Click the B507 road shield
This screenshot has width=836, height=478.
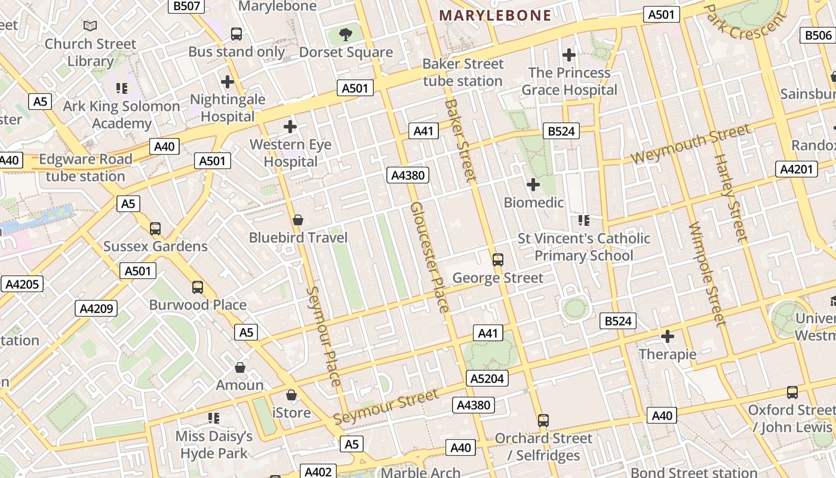pos(186,6)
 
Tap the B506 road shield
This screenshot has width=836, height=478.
pos(817,35)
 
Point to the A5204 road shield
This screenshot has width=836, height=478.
pos(487,378)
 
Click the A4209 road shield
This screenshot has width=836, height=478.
pos(96,308)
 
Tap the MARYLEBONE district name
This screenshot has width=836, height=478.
pos(495,16)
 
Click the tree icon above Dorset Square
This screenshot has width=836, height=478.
pos(345,35)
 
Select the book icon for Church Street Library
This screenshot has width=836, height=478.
pos(90,26)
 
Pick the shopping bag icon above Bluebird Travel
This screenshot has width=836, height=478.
pos(298,220)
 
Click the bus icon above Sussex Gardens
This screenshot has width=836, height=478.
pos(155,228)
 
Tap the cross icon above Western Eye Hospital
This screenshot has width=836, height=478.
pos(290,127)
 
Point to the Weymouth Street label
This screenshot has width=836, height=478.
pos(690,145)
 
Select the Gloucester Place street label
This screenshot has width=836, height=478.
pos(429,257)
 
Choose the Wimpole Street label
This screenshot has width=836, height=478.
pos(707,274)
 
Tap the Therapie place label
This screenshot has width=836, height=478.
pos(667,354)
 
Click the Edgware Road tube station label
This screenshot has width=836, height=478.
pos(85,168)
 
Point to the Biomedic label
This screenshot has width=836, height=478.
pos(534,203)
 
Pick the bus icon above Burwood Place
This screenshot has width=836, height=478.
pos(198,287)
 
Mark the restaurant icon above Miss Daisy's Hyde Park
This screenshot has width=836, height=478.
pos(213,418)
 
